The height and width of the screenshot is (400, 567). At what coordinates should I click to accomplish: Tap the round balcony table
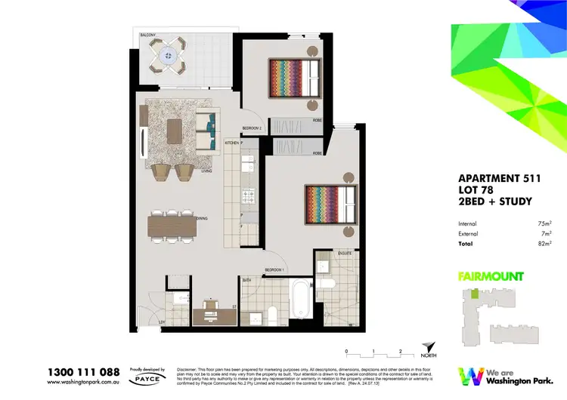(x=167, y=56)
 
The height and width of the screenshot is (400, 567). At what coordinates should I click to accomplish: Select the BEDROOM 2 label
(x=252, y=128)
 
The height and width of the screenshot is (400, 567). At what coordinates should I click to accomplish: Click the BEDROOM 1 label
(x=274, y=269)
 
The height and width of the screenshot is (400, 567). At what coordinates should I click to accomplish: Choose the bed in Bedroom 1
(x=328, y=205)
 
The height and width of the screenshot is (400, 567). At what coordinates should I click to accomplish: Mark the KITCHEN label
(x=232, y=143)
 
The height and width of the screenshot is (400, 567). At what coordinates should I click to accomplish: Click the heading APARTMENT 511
(x=492, y=178)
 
